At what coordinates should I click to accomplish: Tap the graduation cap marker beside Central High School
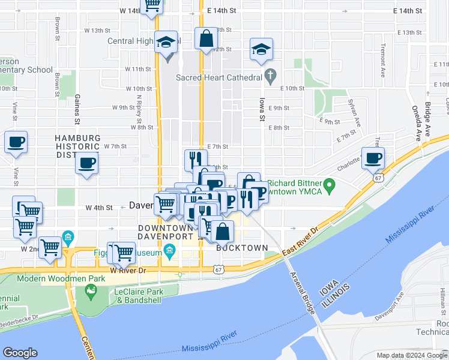point(166,42)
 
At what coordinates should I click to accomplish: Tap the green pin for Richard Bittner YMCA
point(328,184)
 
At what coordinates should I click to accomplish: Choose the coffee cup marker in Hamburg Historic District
point(87,163)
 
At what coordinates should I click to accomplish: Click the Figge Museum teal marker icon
point(170,251)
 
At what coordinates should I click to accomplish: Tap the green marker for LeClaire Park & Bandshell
point(91,292)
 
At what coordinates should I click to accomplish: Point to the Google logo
point(20,353)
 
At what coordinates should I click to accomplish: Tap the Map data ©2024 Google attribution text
point(411,355)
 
